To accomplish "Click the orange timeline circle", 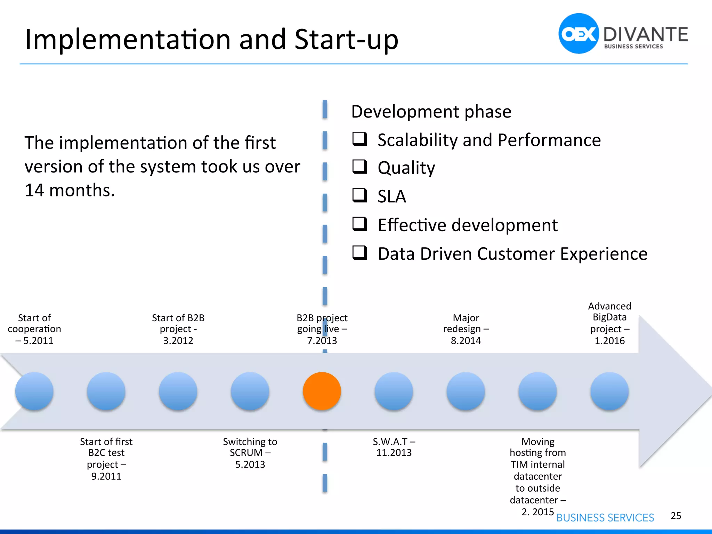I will [x=322, y=391].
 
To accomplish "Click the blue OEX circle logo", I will [x=578, y=34].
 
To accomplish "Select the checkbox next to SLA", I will [x=359, y=195].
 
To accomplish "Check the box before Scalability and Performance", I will [x=359, y=139].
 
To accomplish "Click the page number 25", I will [x=675, y=516].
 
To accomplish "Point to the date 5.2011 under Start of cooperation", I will [x=38, y=341].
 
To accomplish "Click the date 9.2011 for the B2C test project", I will [x=106, y=476].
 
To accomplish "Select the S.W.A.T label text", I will [x=390, y=442].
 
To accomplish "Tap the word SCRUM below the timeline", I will [x=246, y=453].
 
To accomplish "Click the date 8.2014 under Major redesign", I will [x=466, y=341].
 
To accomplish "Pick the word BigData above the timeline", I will [x=609, y=317].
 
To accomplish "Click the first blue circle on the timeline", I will [x=34, y=391].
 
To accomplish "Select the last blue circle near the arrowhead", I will [x=609, y=391].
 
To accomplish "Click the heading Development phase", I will [x=431, y=112].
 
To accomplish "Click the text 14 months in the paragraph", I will [x=70, y=190].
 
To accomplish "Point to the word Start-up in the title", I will [x=346, y=39].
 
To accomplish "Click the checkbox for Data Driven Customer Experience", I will [x=359, y=252].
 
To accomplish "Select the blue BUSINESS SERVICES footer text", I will [x=605, y=518].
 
